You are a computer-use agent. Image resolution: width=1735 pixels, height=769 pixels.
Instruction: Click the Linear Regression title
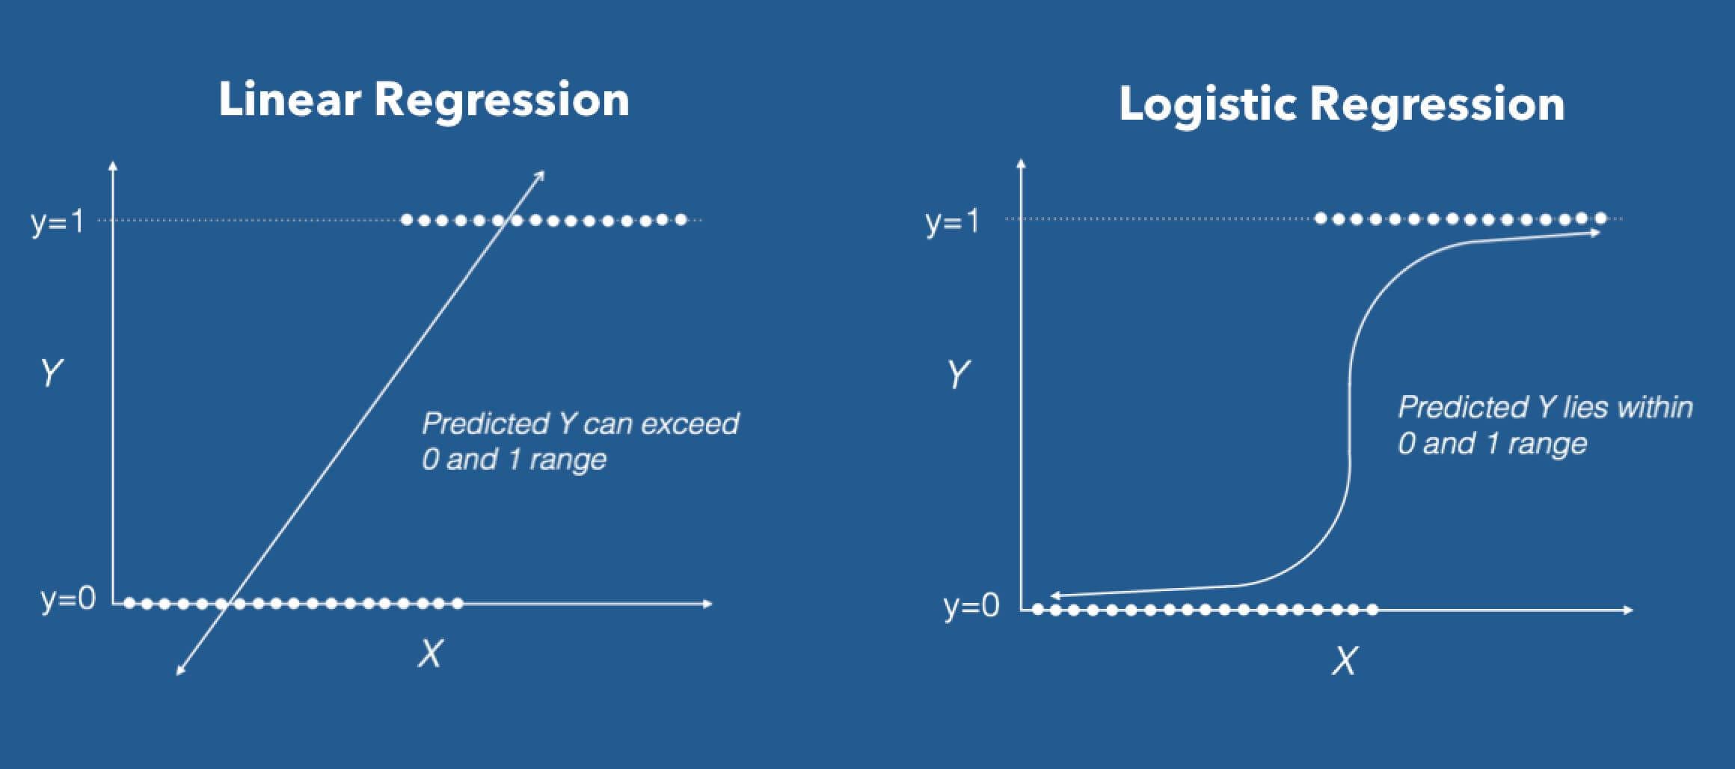coord(423,100)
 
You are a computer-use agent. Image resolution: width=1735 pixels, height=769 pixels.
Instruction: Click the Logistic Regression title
coord(1342,104)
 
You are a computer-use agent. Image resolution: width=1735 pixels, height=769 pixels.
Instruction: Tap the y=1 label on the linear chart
coord(58,221)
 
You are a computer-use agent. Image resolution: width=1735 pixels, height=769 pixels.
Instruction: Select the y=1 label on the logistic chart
coord(951,221)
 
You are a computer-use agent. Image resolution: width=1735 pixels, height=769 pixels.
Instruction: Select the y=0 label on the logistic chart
coord(971,605)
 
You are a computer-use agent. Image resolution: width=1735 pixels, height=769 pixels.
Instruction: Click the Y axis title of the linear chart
coord(51,373)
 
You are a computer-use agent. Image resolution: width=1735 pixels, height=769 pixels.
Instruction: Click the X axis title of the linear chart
coord(430,655)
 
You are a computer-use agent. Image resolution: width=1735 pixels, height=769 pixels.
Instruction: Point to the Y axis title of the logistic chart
coord(958,374)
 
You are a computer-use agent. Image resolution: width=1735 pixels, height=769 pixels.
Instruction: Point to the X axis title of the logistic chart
coord(1344,661)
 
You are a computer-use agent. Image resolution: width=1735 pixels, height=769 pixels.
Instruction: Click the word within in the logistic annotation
coord(1654,408)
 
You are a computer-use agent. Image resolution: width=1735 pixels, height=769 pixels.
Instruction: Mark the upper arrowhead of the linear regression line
coord(541,175)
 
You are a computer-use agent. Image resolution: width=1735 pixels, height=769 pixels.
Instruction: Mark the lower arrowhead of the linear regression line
coord(179,672)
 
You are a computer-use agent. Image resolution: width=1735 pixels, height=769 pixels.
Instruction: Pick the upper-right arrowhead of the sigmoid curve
coord(1596,233)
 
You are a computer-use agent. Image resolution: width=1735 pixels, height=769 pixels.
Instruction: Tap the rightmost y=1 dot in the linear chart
coord(681,220)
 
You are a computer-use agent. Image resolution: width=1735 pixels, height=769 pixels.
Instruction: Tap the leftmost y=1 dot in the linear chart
coord(407,220)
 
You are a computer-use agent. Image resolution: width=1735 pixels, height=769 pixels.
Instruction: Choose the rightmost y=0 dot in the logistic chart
coord(1372,610)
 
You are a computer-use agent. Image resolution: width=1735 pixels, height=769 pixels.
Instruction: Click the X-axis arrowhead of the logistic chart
coord(1629,610)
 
